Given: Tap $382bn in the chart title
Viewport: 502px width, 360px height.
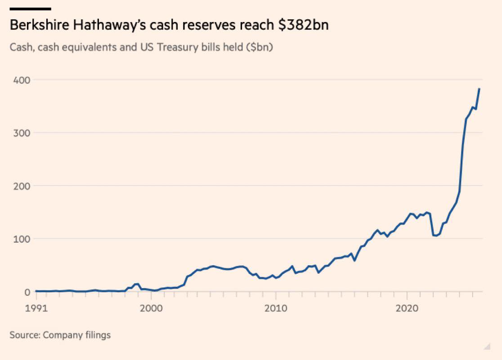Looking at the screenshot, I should tap(302, 25).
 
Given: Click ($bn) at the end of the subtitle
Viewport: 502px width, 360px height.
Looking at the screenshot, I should tap(260, 47).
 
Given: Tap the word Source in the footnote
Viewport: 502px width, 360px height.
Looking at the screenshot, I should tap(24, 335).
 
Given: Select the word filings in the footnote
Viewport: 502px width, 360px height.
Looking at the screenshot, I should tap(99, 335).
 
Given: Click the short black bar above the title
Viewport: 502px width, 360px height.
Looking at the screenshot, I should tap(30, 8).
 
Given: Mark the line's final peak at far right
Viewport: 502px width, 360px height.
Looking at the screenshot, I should tap(480, 89).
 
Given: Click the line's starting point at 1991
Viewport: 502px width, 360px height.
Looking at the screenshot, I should tap(36, 291).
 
